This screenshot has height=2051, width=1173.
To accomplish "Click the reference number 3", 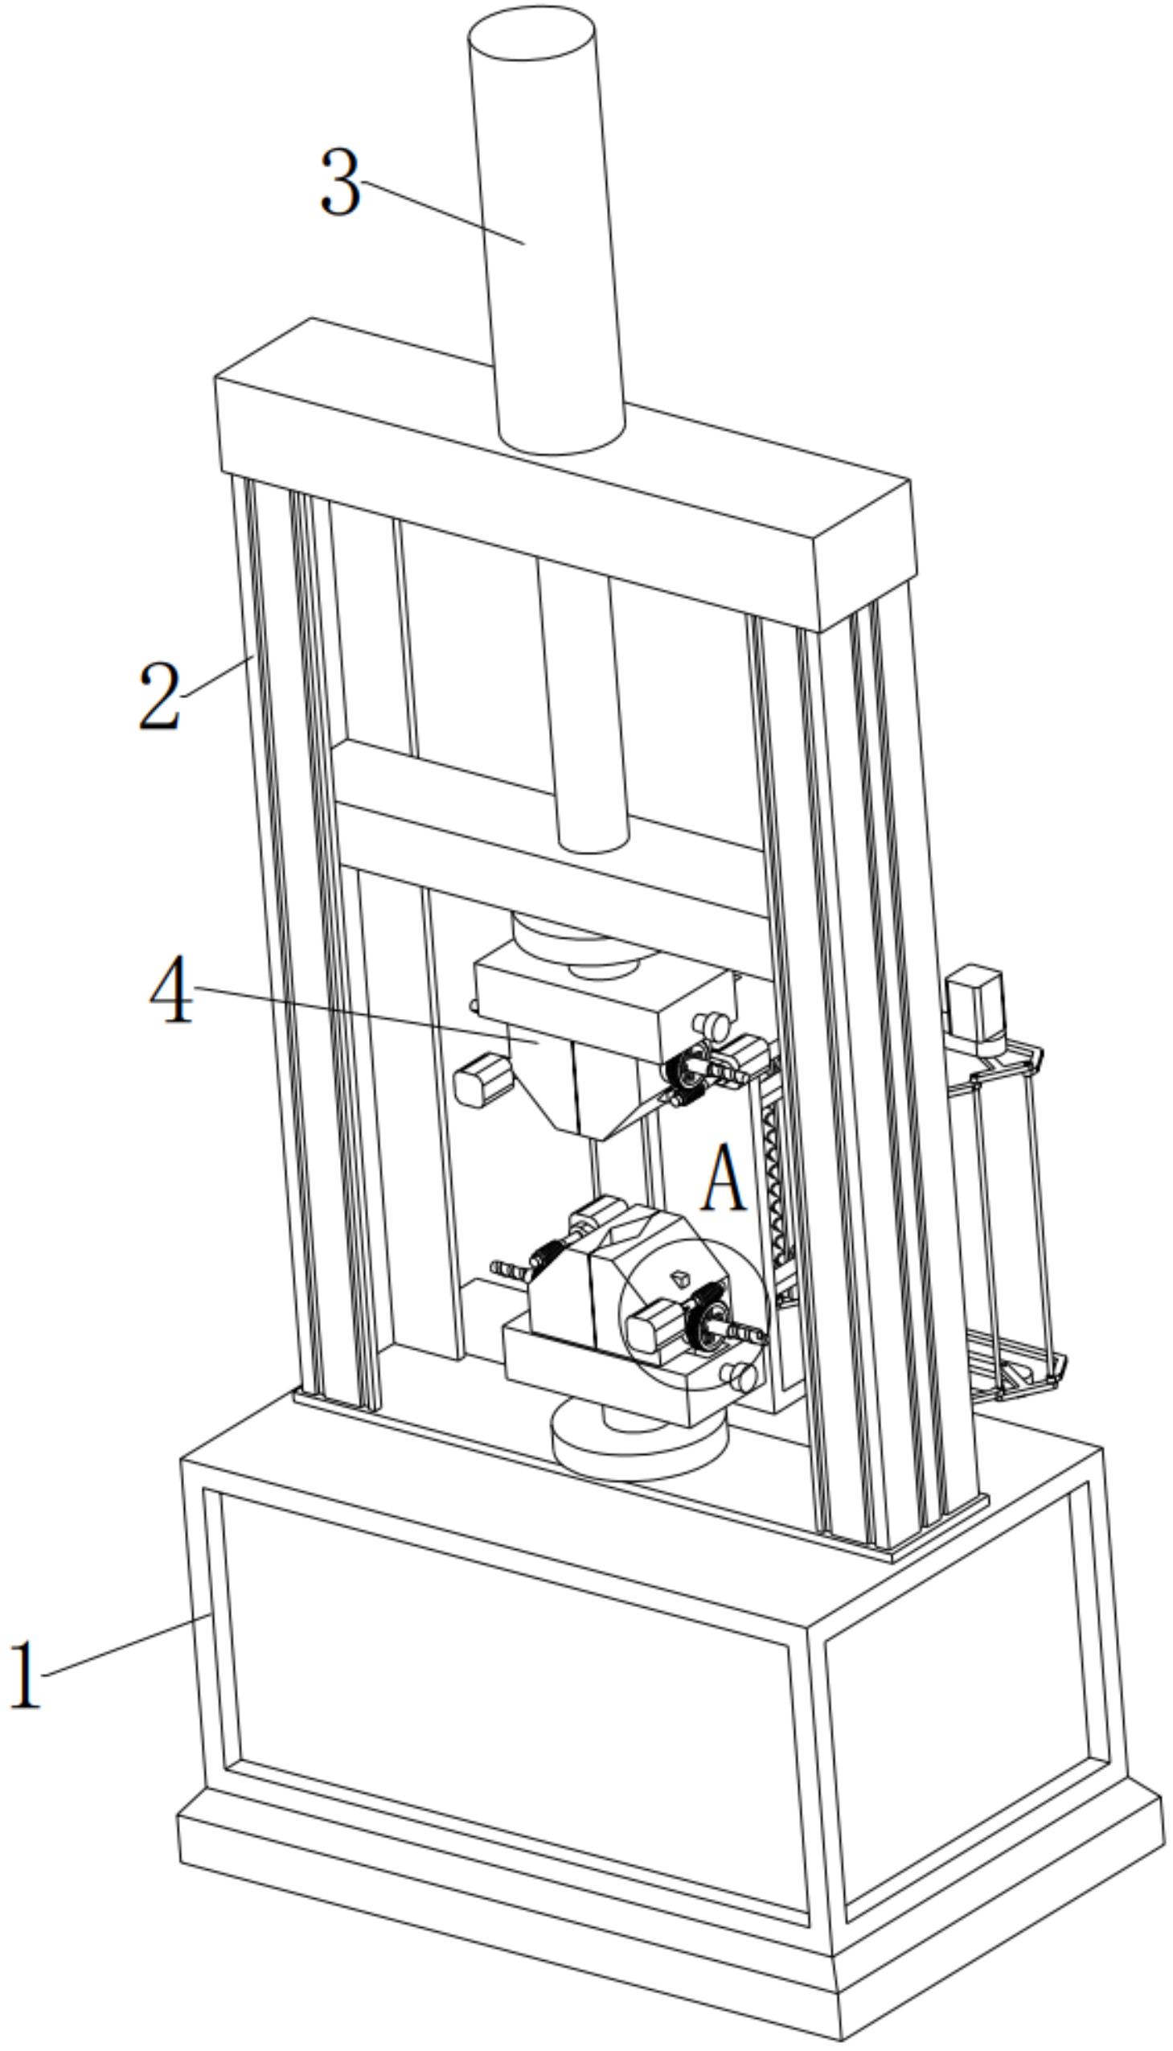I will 340,182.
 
